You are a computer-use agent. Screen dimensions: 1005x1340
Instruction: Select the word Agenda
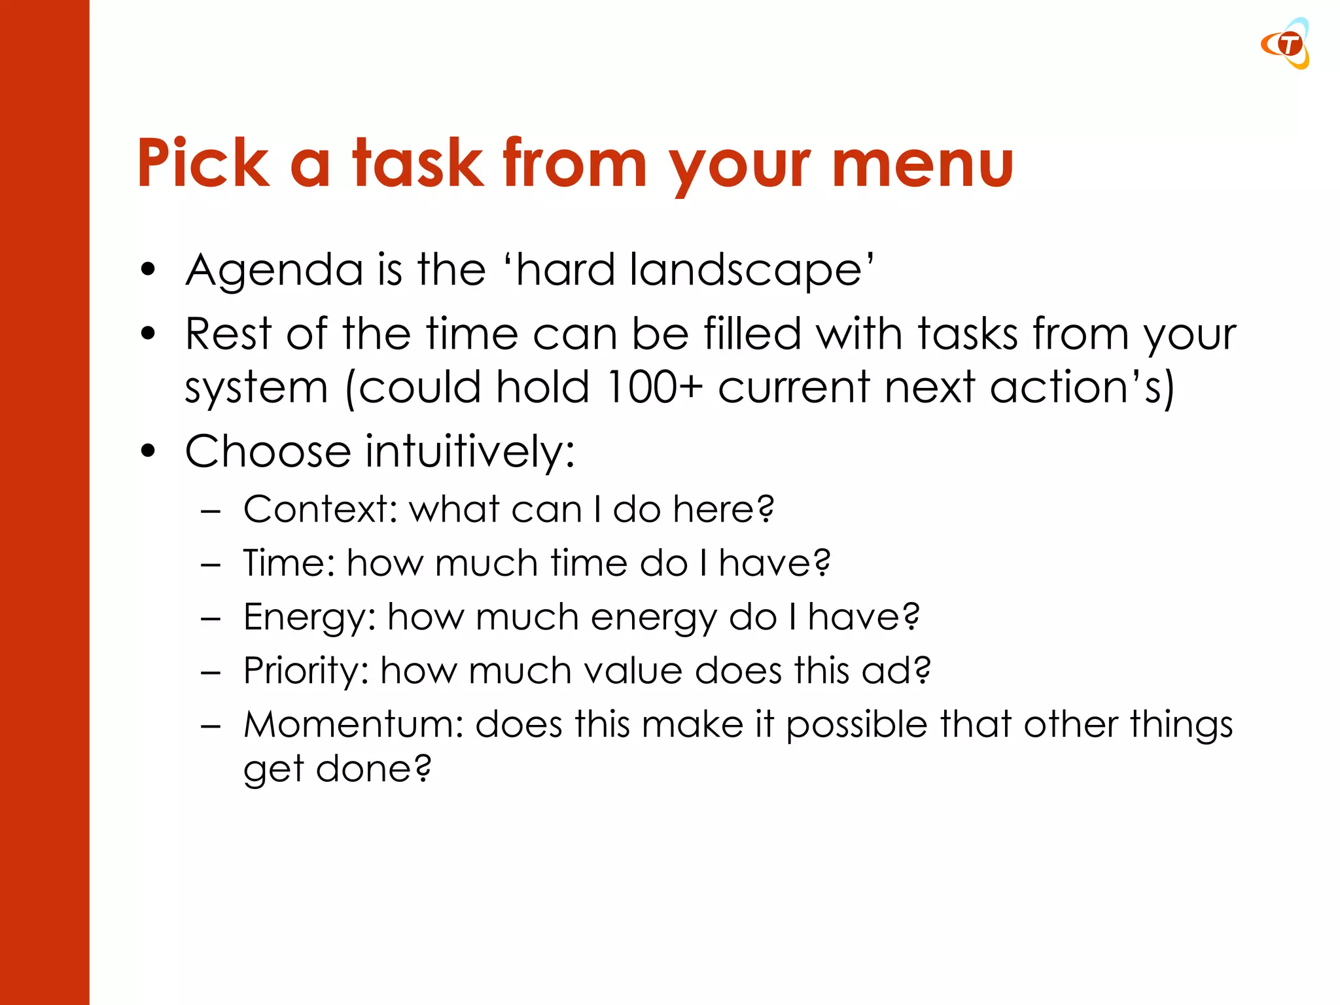click(x=274, y=270)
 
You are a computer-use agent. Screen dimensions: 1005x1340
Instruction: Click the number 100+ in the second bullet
click(x=654, y=387)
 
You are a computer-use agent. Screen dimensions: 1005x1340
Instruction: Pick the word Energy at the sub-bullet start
click(x=309, y=618)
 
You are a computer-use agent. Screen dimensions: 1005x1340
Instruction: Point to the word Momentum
click(x=353, y=725)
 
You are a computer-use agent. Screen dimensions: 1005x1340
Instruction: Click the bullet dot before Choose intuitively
click(x=149, y=451)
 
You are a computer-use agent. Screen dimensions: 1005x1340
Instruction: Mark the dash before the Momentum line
click(x=211, y=726)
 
